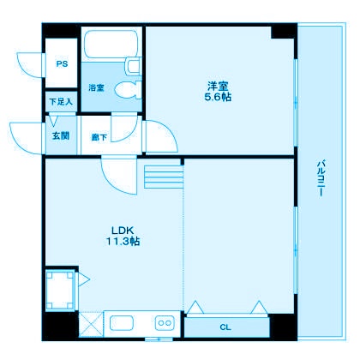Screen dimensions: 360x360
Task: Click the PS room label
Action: pyautogui.click(x=61, y=63)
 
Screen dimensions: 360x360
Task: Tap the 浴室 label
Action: pyautogui.click(x=96, y=87)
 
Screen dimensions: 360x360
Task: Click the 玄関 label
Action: pyautogui.click(x=60, y=135)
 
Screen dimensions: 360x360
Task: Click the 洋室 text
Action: pyautogui.click(x=218, y=85)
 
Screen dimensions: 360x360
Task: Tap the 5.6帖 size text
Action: pyautogui.click(x=218, y=97)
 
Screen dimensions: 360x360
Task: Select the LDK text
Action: pyautogui.click(x=119, y=230)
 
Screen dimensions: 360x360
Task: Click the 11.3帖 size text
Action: pyautogui.click(x=122, y=242)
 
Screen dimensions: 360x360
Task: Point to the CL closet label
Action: pyautogui.click(x=225, y=327)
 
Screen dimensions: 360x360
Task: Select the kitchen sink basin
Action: pyautogui.click(x=121, y=324)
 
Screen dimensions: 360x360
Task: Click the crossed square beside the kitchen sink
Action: pyautogui.click(x=92, y=325)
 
